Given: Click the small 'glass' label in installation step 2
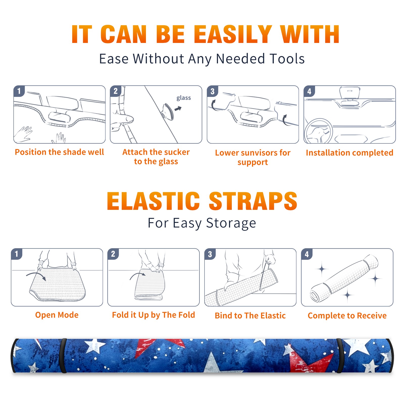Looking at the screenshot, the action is (184, 98).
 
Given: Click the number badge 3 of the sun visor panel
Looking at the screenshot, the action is (212, 91).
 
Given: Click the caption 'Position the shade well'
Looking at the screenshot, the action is (59, 152).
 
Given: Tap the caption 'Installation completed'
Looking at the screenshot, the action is (349, 153).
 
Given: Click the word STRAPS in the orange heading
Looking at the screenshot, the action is (253, 201).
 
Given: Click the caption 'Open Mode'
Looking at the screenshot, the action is (57, 315).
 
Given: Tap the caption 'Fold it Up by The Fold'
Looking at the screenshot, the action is (154, 315).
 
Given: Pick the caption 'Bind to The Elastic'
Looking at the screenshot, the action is (250, 315).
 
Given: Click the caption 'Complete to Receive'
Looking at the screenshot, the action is (347, 316).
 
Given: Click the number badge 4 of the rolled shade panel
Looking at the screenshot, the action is (307, 254).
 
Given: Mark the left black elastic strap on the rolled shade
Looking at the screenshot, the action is (63, 356).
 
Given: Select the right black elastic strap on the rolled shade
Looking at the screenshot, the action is (340, 356).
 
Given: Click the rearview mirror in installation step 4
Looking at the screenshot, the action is (349, 93).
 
